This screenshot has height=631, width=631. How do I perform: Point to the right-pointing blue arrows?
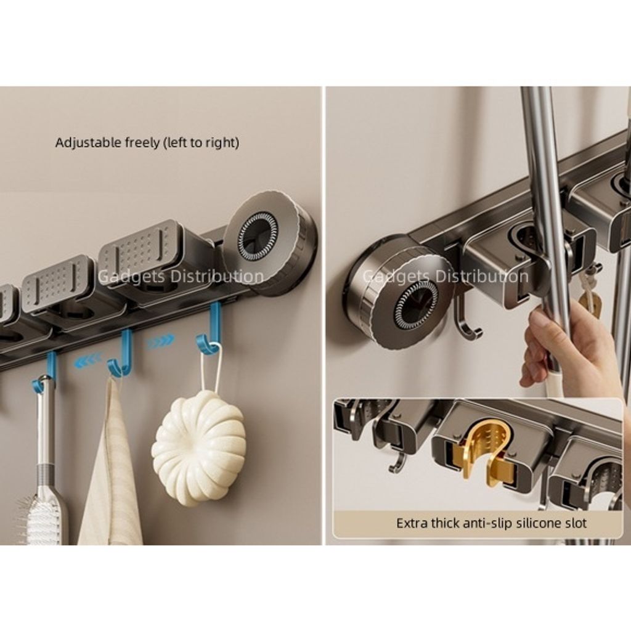(161, 342)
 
